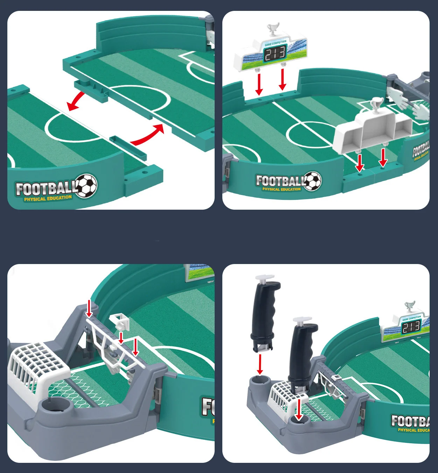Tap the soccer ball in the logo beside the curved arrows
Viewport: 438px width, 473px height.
tap(86, 186)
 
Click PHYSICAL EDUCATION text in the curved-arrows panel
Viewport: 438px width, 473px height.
tap(48, 198)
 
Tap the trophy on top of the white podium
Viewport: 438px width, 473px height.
tap(377, 104)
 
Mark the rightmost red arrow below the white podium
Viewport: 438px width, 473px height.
tap(383, 157)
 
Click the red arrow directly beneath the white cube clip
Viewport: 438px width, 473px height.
tap(121, 338)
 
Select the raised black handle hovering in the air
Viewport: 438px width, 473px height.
tap(266, 312)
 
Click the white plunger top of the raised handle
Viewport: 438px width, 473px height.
tap(264, 278)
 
